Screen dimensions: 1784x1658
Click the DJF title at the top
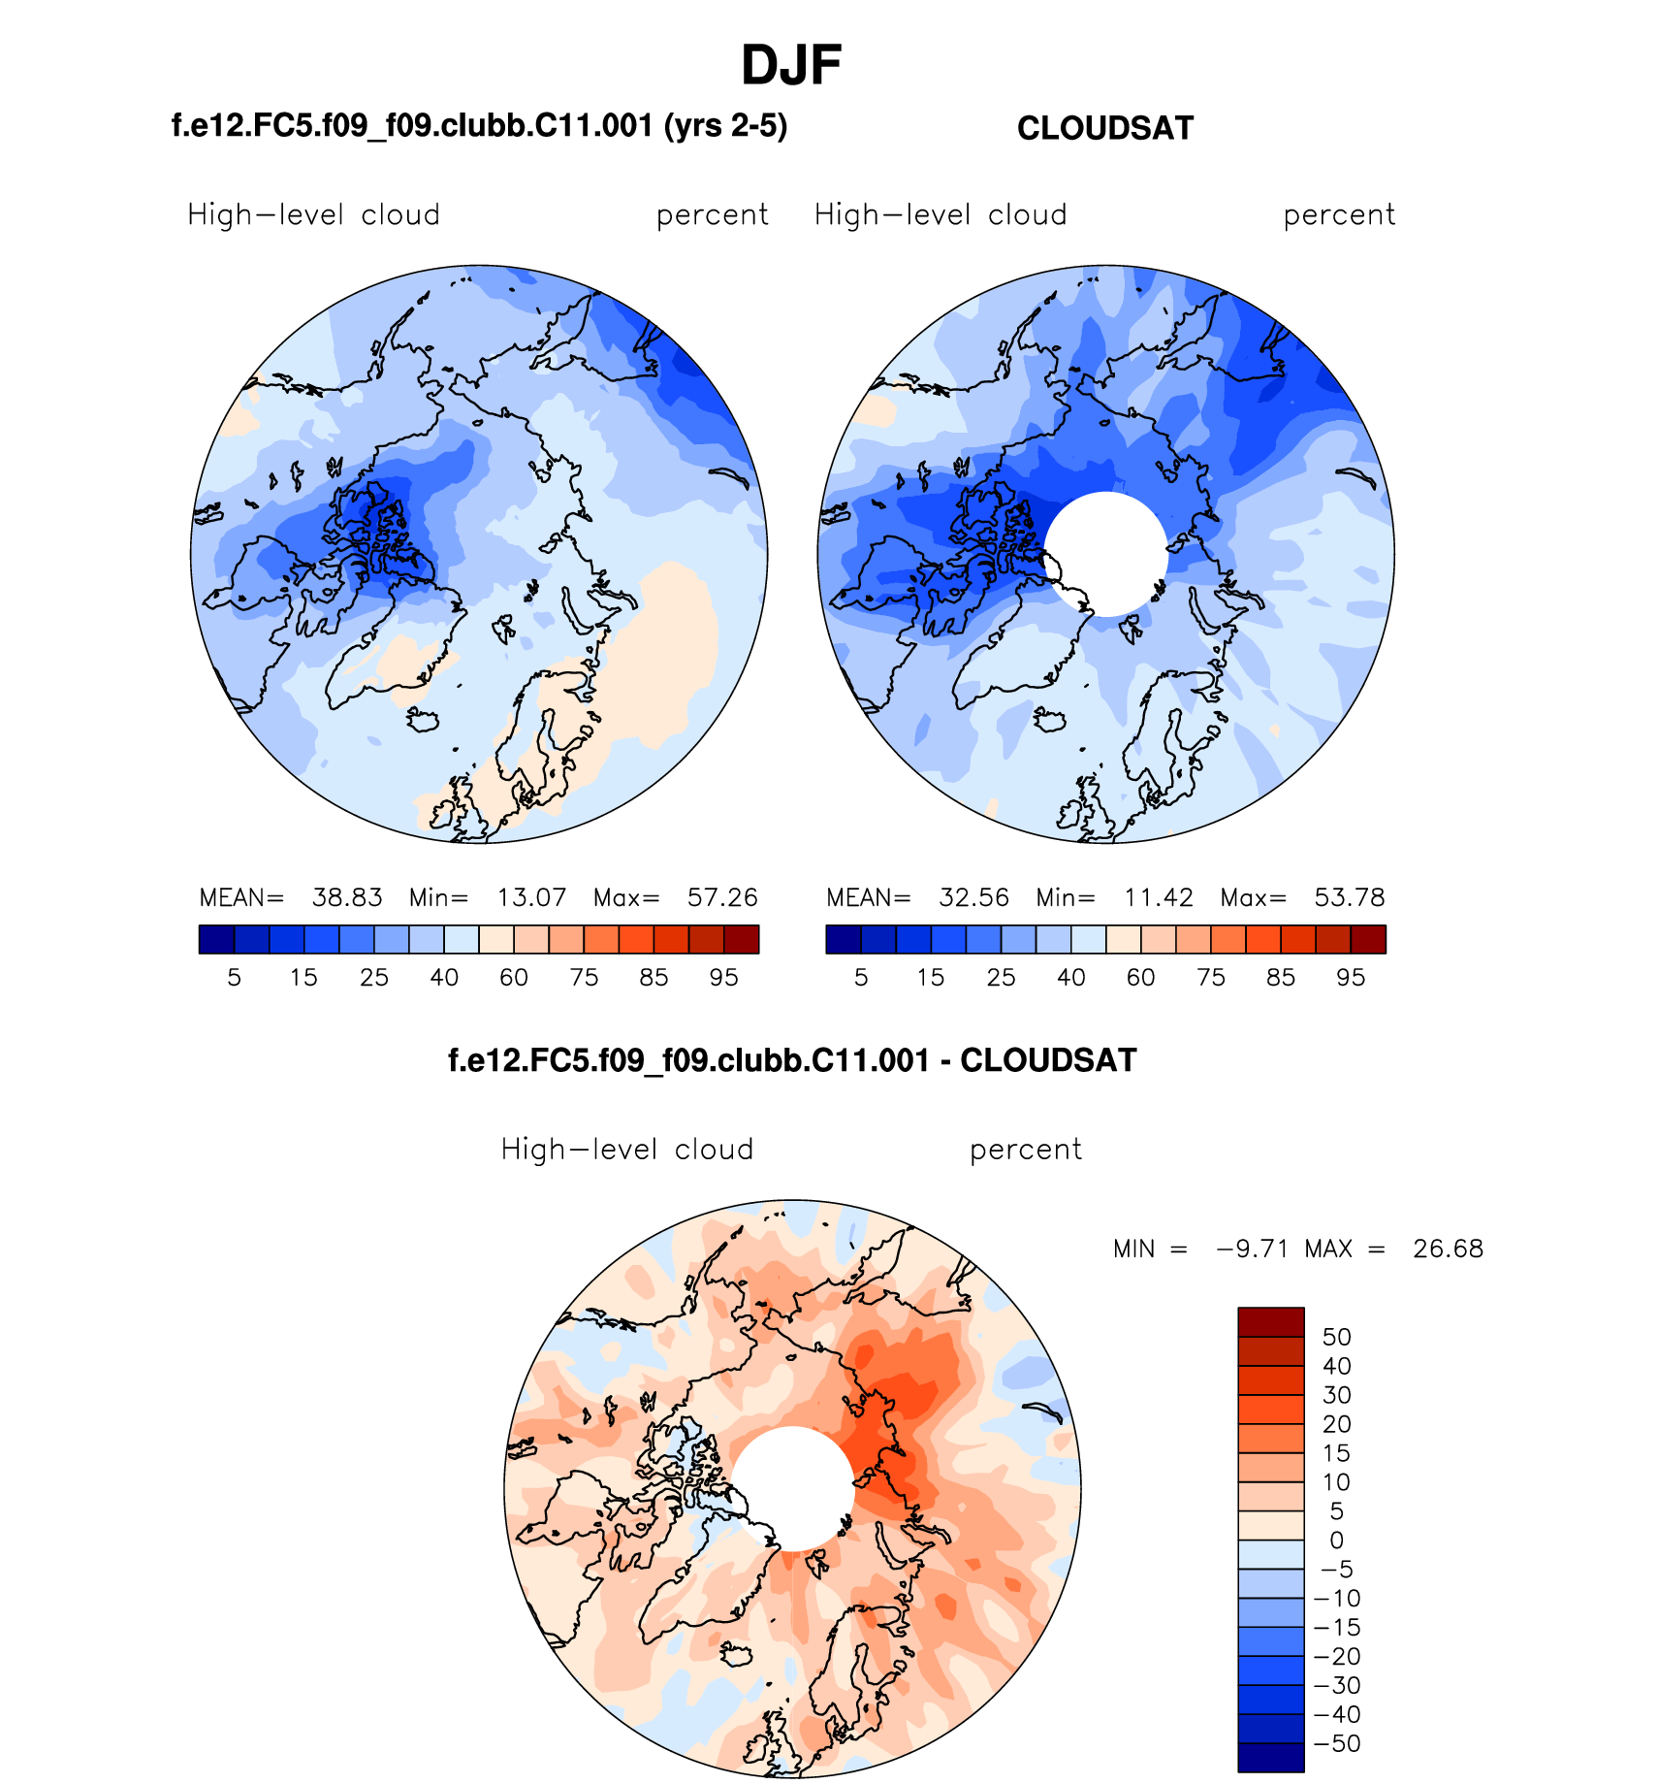tap(790, 66)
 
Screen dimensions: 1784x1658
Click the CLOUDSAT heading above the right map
tap(1104, 128)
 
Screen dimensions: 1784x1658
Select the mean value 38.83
tap(346, 897)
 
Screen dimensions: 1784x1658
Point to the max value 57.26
tap(721, 897)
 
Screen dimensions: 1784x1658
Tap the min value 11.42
tap(1158, 897)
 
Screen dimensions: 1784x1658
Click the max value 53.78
tap(1349, 897)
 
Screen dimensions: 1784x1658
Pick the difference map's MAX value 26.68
tap(1448, 1249)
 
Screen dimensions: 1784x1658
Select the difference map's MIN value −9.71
tap(1252, 1249)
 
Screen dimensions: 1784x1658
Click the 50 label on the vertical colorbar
tap(1336, 1337)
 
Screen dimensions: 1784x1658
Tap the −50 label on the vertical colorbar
tap(1336, 1743)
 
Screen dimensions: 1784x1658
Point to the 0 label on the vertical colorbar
tap(1336, 1541)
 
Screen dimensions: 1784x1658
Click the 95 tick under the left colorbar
tap(723, 978)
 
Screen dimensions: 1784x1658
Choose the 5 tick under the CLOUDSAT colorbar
tap(861, 978)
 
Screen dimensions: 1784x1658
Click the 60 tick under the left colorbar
tap(514, 978)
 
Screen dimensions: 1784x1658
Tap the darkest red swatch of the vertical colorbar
tap(1270, 1322)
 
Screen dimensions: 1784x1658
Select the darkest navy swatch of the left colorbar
tap(216, 939)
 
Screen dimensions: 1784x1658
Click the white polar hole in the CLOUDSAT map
tap(1105, 553)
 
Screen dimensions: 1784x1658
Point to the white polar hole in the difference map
tap(792, 1488)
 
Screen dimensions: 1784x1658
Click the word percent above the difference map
tap(1025, 1150)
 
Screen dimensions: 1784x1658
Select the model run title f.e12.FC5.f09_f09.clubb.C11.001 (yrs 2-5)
tap(479, 126)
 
